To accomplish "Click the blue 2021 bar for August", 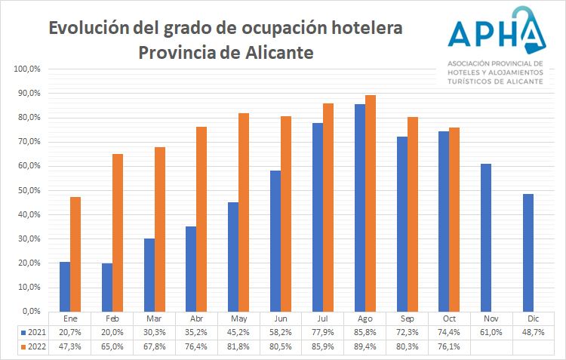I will pyautogui.click(x=360, y=208).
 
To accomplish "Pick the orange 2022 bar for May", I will pyautogui.click(x=244, y=212).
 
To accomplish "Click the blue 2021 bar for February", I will pyautogui.click(x=107, y=287).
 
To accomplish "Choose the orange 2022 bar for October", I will pyautogui.click(x=454, y=219).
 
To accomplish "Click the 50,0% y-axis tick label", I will pyautogui.click(x=28, y=190).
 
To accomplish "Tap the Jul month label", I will pyautogui.click(x=323, y=318).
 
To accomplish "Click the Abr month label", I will pyautogui.click(x=196, y=318).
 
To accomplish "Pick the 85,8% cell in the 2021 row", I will pyautogui.click(x=365, y=331).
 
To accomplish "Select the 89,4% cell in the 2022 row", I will pyautogui.click(x=365, y=346).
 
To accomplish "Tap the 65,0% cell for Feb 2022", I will pyautogui.click(x=112, y=346).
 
